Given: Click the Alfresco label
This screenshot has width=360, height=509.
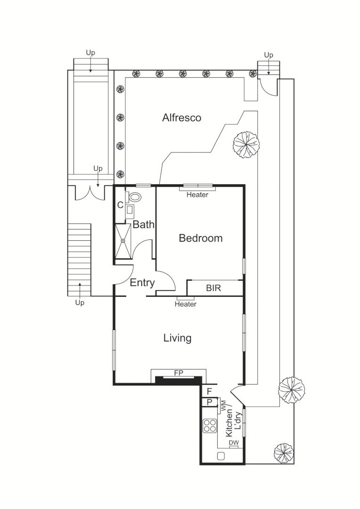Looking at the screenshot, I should point(181,118).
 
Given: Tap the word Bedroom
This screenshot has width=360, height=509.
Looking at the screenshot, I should point(200,238).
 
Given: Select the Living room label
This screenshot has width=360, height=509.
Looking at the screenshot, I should point(177,338).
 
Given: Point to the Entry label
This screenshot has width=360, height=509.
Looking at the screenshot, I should point(142,283).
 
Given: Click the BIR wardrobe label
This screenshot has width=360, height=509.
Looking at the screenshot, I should point(213,288).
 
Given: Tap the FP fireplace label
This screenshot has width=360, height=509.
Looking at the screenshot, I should point(179,373).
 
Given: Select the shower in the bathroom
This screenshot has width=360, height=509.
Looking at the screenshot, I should point(123,241).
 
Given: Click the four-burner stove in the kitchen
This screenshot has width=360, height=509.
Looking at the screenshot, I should point(210,426).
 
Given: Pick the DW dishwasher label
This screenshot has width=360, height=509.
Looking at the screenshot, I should point(233,443).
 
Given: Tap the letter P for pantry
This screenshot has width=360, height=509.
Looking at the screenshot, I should point(209,402).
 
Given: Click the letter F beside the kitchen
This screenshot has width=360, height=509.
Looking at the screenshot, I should point(209,391).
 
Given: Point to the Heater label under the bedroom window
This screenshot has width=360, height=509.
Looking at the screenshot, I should point(197,195).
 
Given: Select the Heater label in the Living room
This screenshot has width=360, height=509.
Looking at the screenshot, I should point(185,304).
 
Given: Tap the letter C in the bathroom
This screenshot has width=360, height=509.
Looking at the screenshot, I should point(120,205).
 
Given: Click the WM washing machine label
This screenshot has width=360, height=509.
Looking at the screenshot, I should point(223,405).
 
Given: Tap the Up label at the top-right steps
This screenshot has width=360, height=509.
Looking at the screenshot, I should point(268,55).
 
